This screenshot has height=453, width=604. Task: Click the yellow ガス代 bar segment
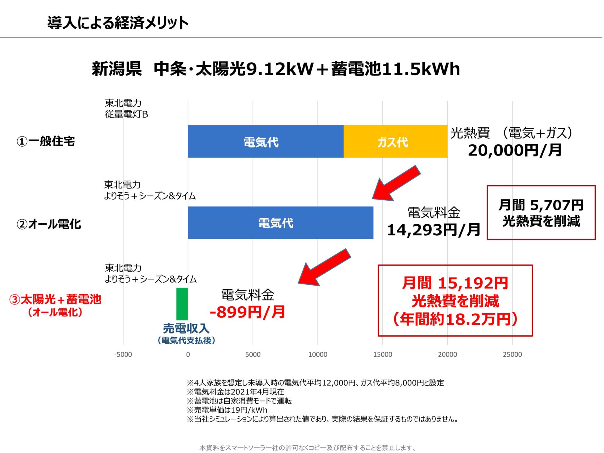(x=395, y=142)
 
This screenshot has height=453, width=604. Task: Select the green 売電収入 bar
(x=182, y=304)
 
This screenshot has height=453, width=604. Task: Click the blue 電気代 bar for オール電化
(x=280, y=223)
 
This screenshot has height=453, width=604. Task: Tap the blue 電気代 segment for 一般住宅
(x=266, y=142)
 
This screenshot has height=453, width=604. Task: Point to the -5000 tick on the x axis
(x=123, y=355)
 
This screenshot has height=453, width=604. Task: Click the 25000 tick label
(x=512, y=355)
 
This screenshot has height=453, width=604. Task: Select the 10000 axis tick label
(x=317, y=355)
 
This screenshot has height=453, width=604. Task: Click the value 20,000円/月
(x=515, y=150)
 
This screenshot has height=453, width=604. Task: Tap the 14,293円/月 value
(x=433, y=230)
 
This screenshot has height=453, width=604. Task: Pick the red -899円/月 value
(x=247, y=312)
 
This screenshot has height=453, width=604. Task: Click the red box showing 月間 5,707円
(x=541, y=213)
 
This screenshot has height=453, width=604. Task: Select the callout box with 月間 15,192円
(x=455, y=300)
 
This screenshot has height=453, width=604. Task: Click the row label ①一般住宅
(x=46, y=141)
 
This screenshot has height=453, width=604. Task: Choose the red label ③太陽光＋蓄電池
(x=55, y=299)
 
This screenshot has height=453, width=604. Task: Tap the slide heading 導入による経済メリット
(x=118, y=23)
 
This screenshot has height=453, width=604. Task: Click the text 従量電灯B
(x=126, y=114)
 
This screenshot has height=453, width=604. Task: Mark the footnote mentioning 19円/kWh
(x=227, y=410)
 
